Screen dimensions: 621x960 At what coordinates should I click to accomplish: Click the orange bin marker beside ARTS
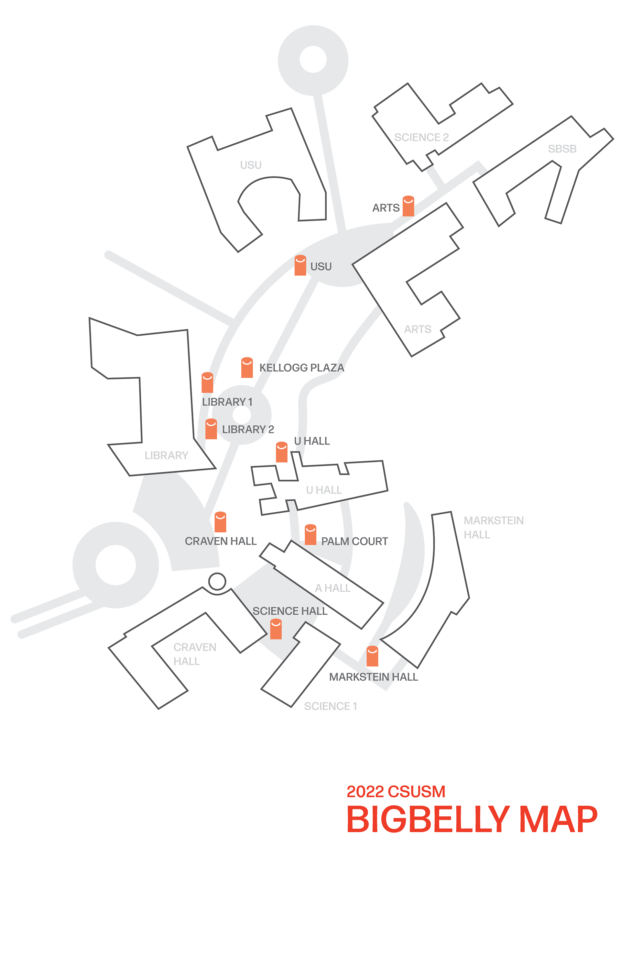[x=408, y=206]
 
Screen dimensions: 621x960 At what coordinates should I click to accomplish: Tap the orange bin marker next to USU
[x=300, y=265]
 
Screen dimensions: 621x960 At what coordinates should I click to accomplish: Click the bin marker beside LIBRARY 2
[x=211, y=429]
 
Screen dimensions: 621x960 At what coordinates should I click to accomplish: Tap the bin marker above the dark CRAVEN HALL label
[x=221, y=522]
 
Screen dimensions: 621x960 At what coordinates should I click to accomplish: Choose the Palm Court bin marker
[x=310, y=534]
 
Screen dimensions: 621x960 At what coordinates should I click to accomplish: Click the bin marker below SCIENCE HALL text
[x=276, y=629]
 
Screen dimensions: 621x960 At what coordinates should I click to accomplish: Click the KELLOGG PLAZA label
[x=301, y=368]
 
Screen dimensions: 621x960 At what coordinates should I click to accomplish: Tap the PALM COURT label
[x=354, y=541]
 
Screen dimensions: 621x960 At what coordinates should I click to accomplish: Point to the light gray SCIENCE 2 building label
[x=421, y=138]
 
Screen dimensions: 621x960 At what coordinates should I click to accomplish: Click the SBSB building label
[x=562, y=149]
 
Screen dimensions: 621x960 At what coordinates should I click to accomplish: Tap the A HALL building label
[x=332, y=588]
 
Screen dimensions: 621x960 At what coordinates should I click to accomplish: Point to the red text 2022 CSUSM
[x=396, y=791]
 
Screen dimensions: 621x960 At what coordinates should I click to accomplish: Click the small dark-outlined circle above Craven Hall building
[x=217, y=581]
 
